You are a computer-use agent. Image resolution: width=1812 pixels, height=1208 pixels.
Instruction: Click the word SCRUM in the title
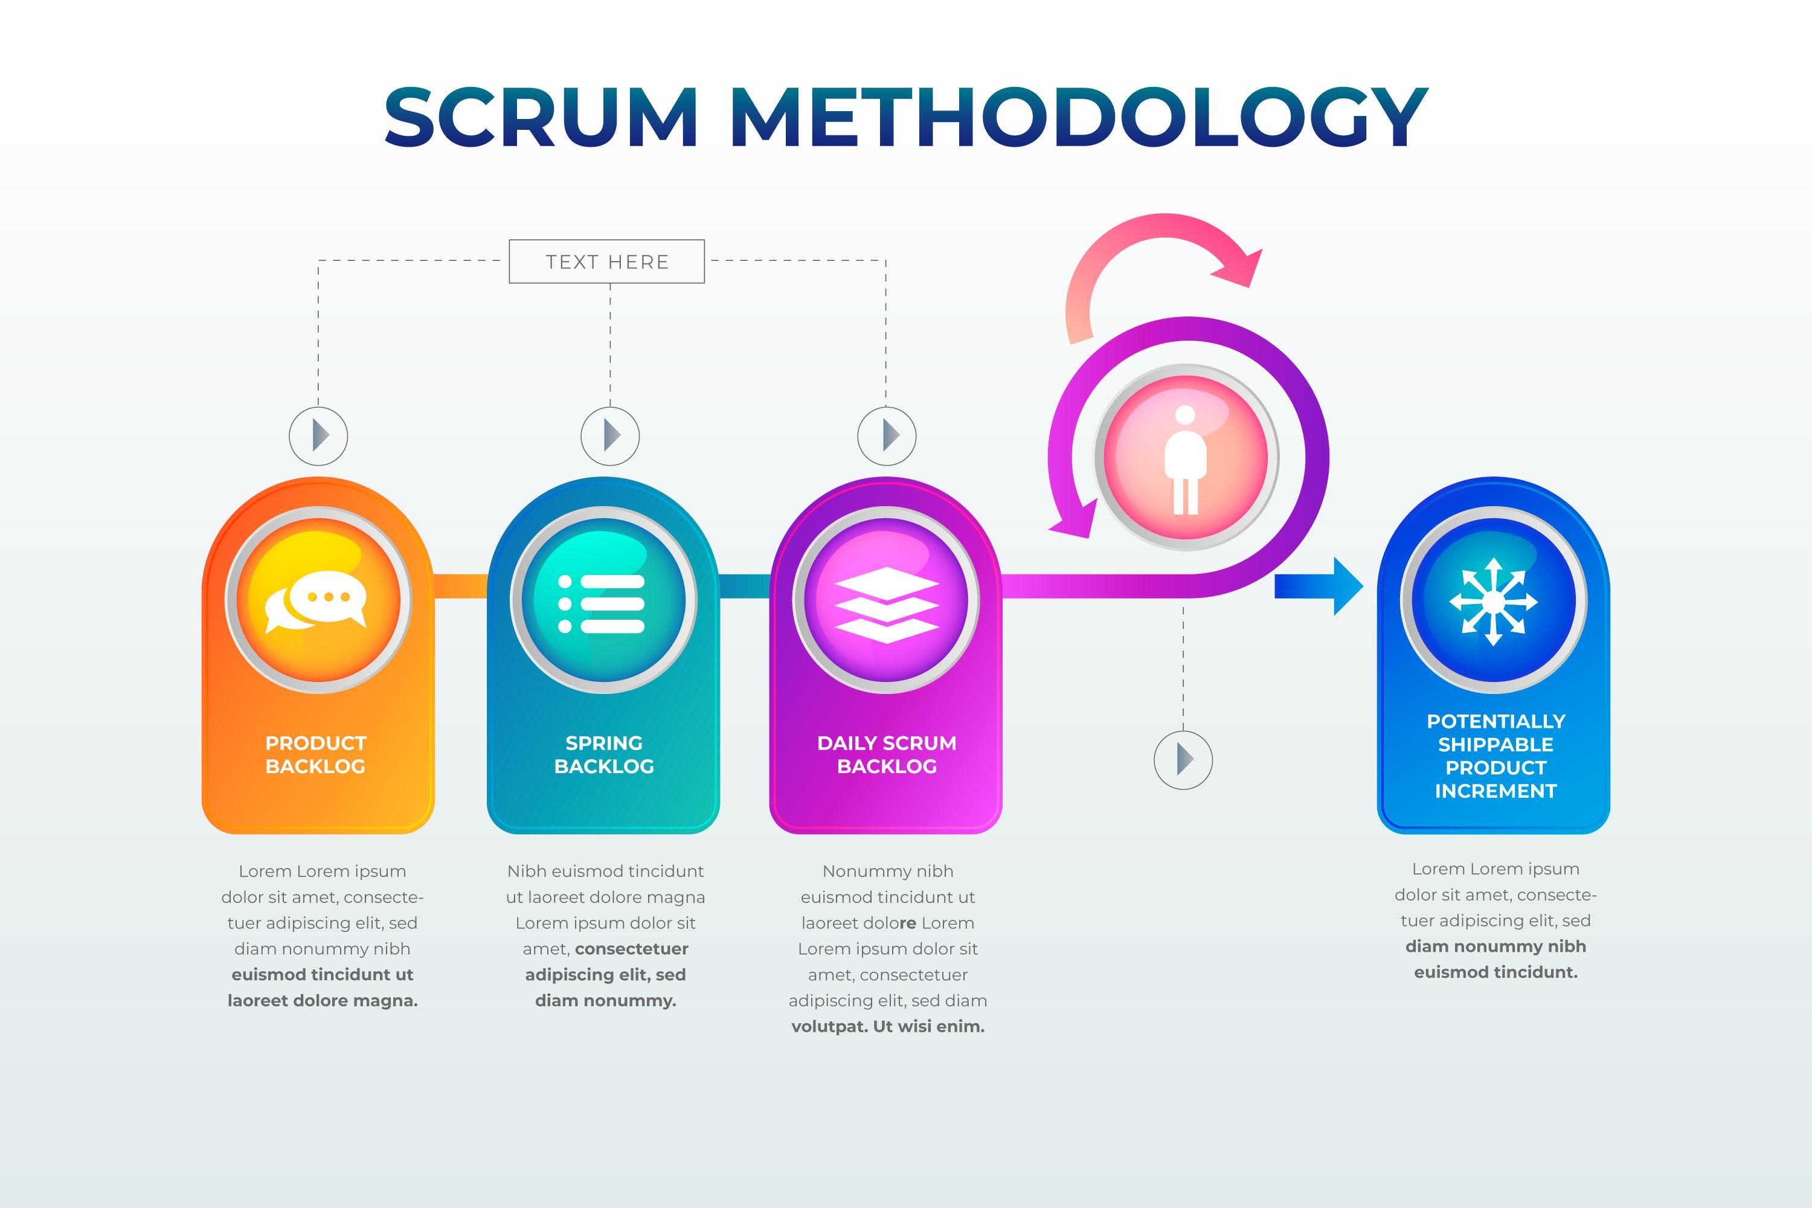tap(541, 117)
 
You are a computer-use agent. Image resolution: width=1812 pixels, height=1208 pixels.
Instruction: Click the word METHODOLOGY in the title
tap(1078, 117)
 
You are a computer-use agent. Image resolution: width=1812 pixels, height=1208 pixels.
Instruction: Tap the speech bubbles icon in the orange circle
tap(316, 601)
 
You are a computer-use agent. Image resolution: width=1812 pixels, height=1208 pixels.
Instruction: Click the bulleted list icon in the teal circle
tap(602, 603)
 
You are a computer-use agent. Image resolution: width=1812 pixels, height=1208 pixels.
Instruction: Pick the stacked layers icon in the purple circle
tap(886, 605)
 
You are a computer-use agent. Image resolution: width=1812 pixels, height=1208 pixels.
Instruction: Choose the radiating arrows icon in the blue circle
tap(1493, 601)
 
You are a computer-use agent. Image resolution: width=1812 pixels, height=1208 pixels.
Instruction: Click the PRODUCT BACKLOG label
tap(316, 754)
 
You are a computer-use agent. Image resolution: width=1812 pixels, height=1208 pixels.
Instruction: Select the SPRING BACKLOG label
tap(604, 754)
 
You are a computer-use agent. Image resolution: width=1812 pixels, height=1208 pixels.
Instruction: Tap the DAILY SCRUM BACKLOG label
tap(887, 754)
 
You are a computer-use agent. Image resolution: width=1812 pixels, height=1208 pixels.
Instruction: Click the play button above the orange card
tap(318, 436)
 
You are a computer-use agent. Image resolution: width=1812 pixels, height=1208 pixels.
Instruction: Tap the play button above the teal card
tap(610, 436)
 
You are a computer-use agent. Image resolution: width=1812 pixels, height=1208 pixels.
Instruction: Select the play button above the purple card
tap(887, 436)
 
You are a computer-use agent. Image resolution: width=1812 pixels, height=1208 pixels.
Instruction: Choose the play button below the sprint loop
tap(1183, 760)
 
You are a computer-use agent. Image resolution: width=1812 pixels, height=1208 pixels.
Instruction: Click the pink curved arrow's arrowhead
tap(1241, 269)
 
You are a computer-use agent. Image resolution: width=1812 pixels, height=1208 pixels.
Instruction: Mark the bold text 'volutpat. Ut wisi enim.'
tap(887, 1026)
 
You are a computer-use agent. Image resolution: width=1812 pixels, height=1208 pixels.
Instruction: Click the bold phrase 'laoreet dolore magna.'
tap(323, 1001)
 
